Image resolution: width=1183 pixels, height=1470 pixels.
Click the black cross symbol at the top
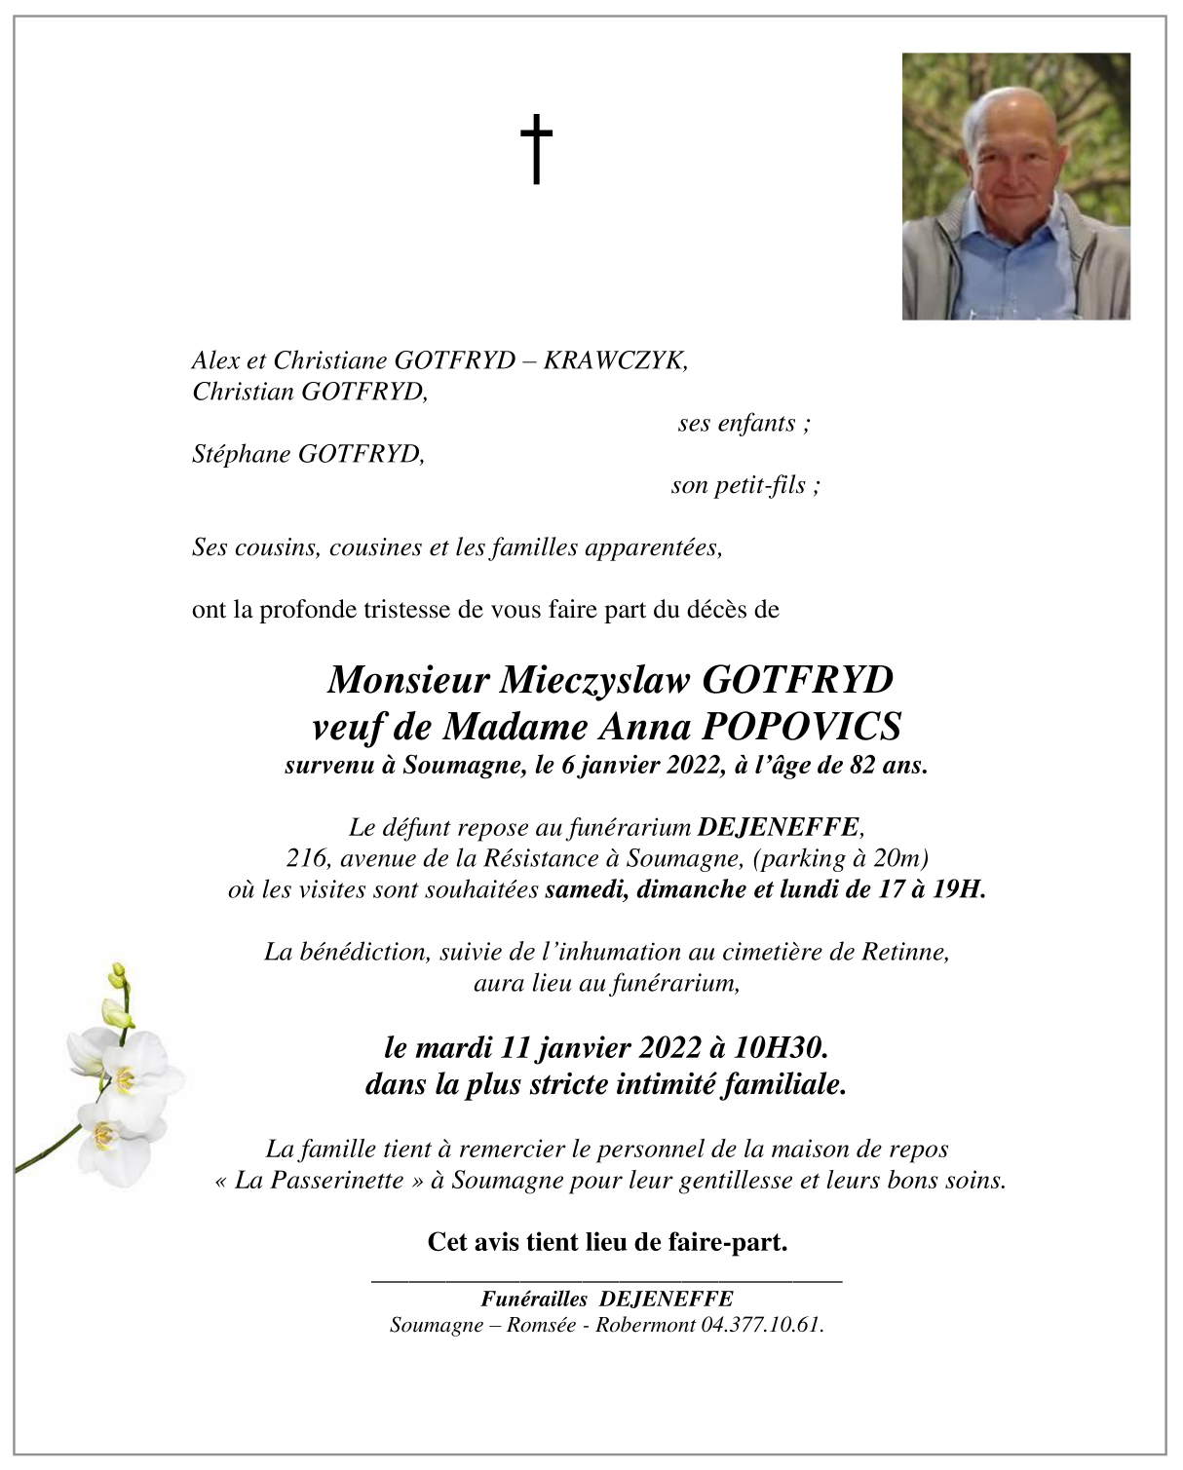coord(535,148)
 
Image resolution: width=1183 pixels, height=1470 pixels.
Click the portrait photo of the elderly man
coord(1015,186)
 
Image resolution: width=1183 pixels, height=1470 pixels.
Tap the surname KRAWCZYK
coord(615,360)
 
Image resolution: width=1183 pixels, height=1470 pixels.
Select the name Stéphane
coord(241,454)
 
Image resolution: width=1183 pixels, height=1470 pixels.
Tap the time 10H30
coord(780,1047)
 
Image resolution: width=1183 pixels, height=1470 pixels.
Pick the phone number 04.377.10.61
coord(761,1325)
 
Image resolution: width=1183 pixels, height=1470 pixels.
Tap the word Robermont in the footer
coord(644,1325)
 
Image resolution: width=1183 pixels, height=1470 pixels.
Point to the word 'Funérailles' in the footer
coord(533,1299)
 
